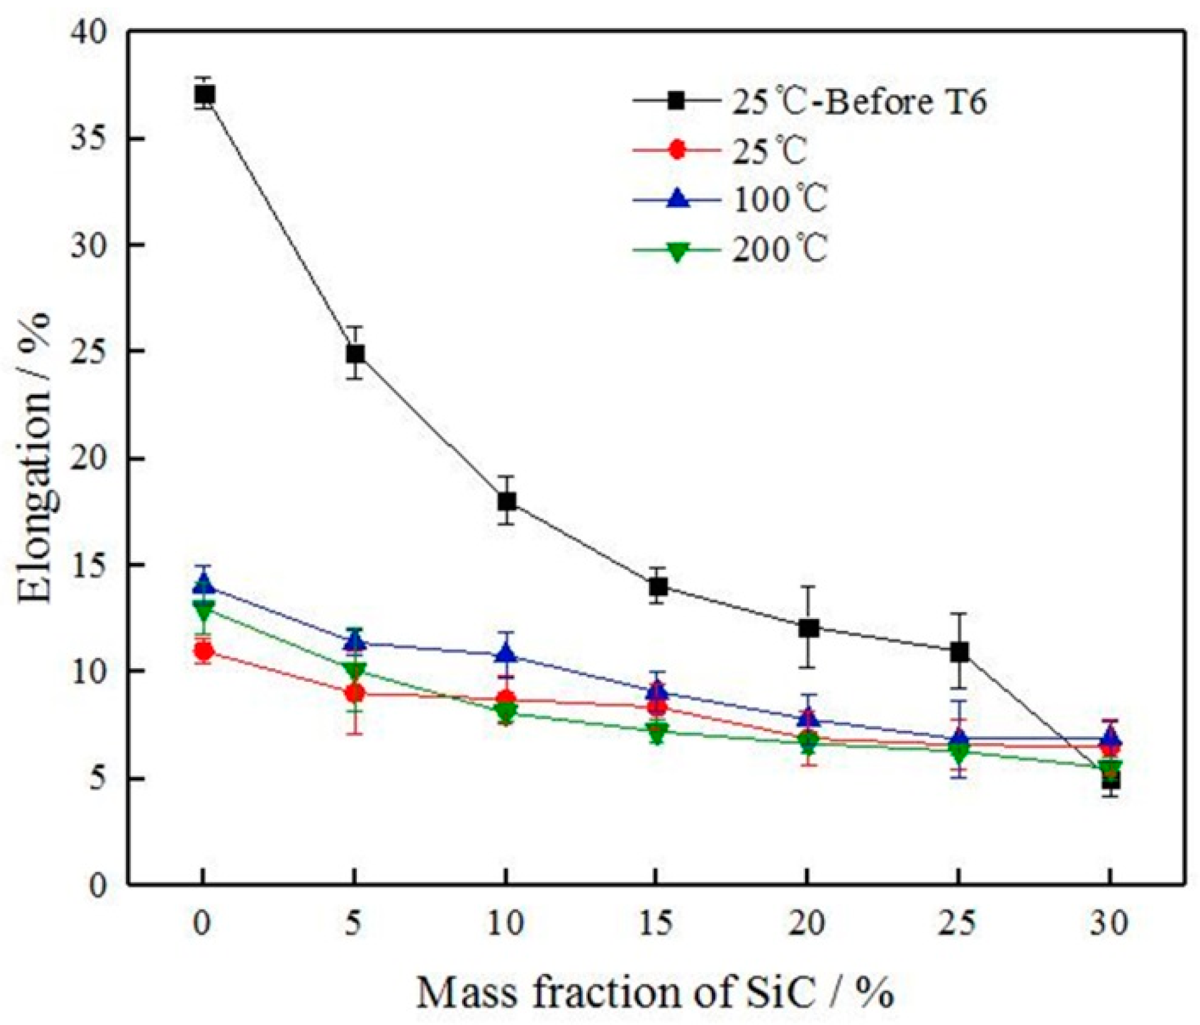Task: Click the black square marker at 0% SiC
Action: pyautogui.click(x=204, y=95)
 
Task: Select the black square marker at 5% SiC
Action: pyautogui.click(x=355, y=354)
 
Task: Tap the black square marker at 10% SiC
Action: pyautogui.click(x=506, y=501)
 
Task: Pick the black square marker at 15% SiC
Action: pyautogui.click(x=658, y=586)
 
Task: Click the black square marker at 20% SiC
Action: pyautogui.click(x=808, y=628)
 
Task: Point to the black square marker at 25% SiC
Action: pyautogui.click(x=959, y=652)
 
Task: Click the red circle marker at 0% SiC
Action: pyautogui.click(x=204, y=651)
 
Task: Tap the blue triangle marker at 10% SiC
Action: pyautogui.click(x=506, y=654)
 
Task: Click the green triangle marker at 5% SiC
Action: pyautogui.click(x=355, y=671)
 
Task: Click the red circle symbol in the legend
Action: pyautogui.click(x=676, y=150)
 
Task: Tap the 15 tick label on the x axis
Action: pyautogui.click(x=656, y=923)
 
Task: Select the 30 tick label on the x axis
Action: pyautogui.click(x=1109, y=923)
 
